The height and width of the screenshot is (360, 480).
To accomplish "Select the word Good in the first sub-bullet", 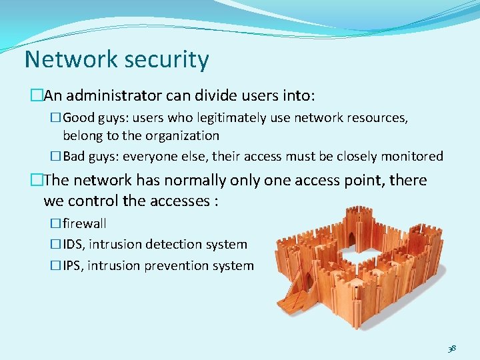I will [x=79, y=118].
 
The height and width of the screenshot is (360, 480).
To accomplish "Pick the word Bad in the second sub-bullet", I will [x=75, y=157].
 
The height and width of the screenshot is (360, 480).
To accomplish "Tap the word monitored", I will [x=411, y=157].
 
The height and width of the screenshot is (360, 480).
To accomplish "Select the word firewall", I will [x=85, y=223].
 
